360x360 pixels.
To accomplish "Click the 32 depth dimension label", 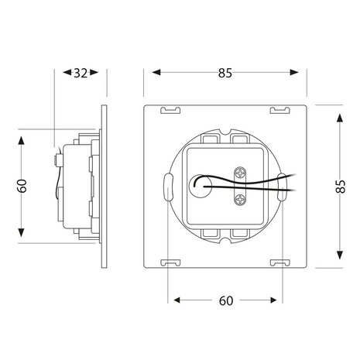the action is (81, 74).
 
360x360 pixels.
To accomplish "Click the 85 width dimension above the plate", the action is (225, 73).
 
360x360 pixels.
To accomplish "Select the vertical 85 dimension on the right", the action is (341, 186).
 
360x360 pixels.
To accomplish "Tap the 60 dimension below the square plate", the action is (226, 300).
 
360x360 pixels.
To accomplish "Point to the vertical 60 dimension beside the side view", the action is (22, 186).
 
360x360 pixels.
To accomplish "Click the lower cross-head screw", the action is (241, 199).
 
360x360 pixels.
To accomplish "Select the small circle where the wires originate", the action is (201, 187).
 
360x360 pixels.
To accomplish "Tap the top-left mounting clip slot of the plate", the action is (170, 110).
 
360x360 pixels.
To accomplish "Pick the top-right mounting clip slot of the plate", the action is (280, 110).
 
